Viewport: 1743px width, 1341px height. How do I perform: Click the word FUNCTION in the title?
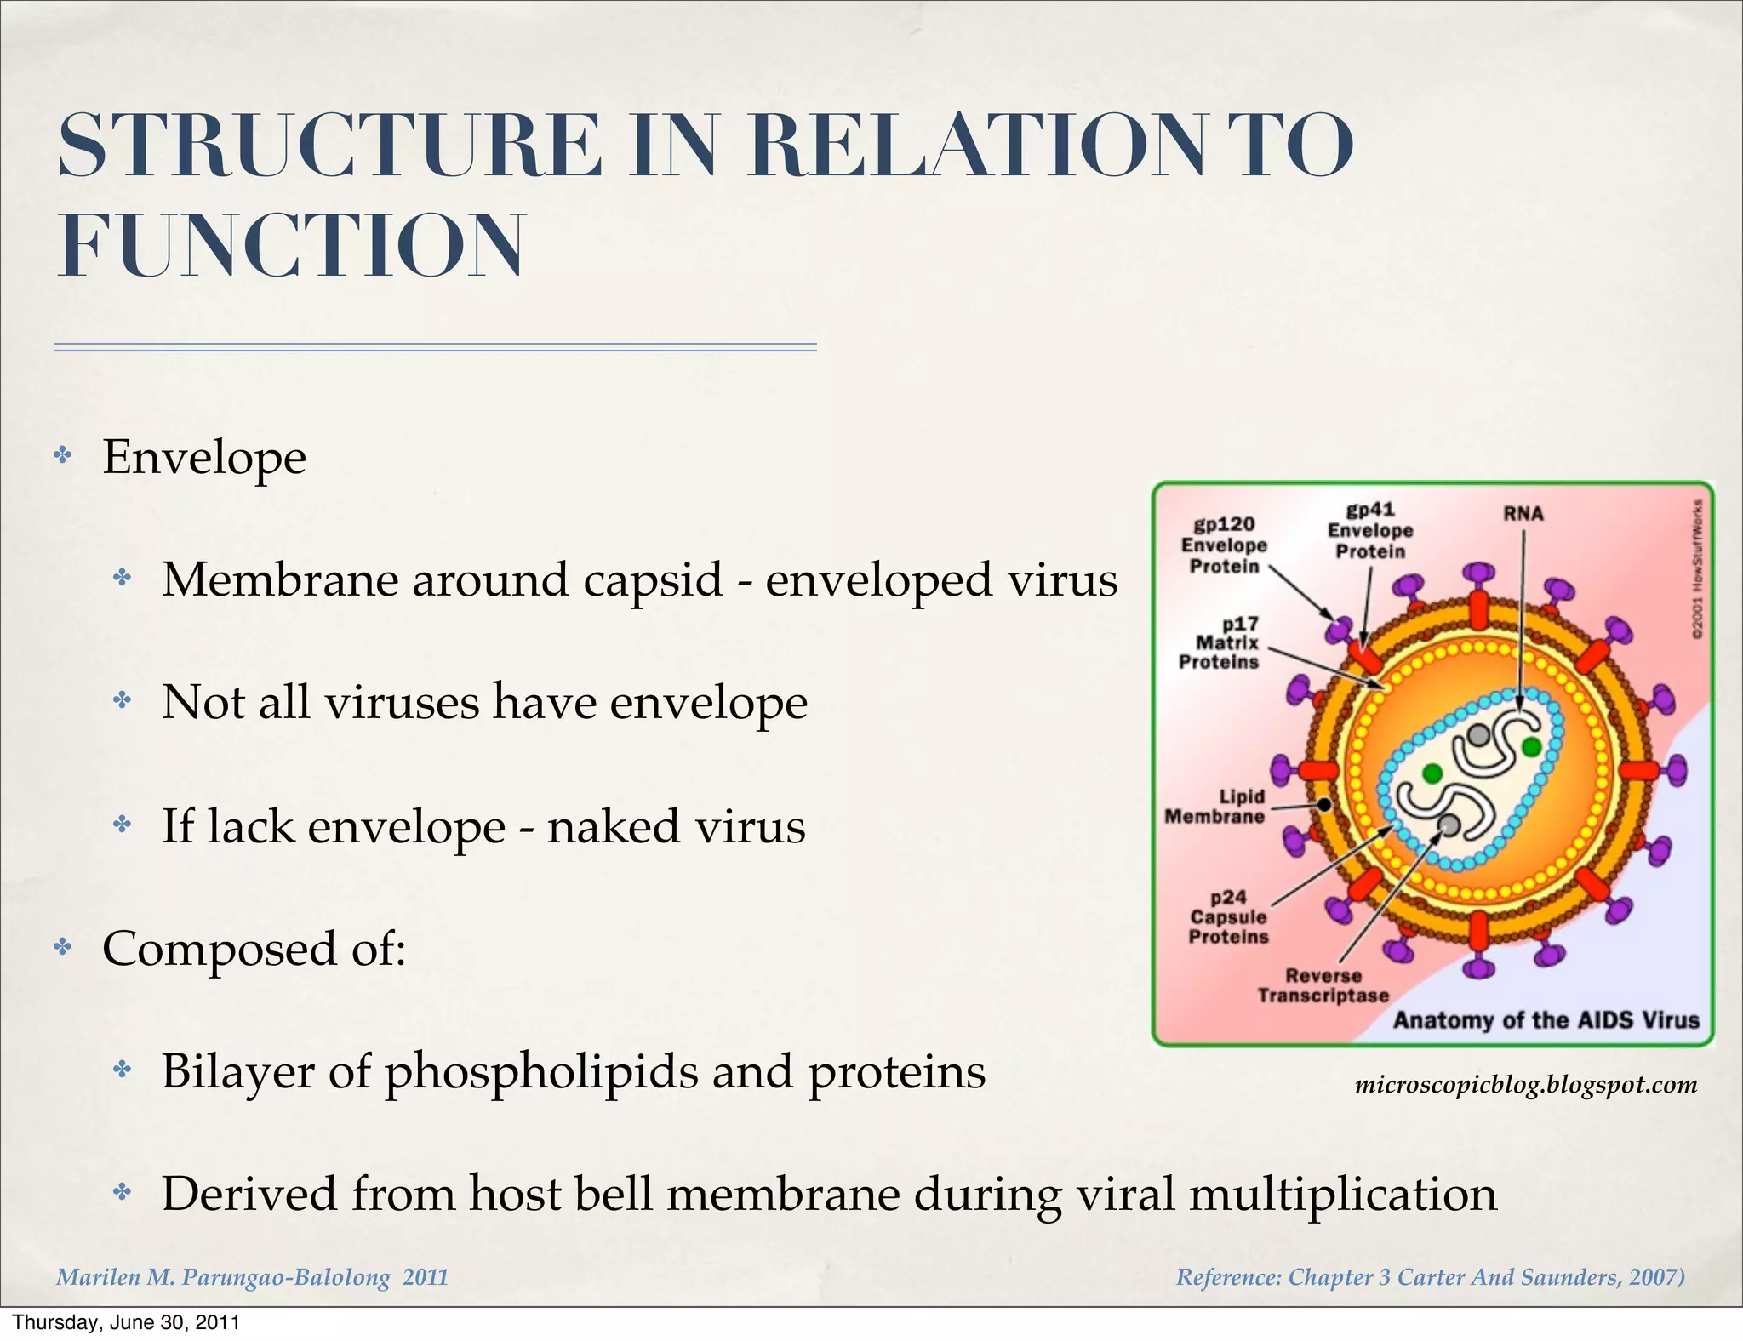[x=291, y=247]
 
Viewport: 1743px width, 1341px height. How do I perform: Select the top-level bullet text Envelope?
[x=204, y=458]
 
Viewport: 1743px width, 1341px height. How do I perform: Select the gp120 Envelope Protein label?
[x=1224, y=545]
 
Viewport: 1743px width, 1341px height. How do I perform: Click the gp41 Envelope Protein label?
[x=1370, y=531]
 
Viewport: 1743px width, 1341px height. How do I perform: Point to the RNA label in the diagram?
[x=1523, y=514]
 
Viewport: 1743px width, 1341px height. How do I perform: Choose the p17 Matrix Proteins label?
[x=1220, y=643]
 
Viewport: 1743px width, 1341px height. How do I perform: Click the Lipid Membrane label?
[x=1215, y=807]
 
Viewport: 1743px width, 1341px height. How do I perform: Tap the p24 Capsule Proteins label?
[x=1228, y=917]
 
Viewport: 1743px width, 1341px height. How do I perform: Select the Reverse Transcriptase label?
[x=1323, y=985]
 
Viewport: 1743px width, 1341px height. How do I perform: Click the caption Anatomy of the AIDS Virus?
[x=1546, y=1020]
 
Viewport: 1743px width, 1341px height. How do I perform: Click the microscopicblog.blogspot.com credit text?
[x=1525, y=1085]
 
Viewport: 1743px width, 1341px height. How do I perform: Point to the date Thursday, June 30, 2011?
[x=126, y=1323]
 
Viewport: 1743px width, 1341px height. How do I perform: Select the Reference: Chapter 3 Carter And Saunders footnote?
[x=1430, y=1277]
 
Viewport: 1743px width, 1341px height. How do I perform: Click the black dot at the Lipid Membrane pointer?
[x=1324, y=804]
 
